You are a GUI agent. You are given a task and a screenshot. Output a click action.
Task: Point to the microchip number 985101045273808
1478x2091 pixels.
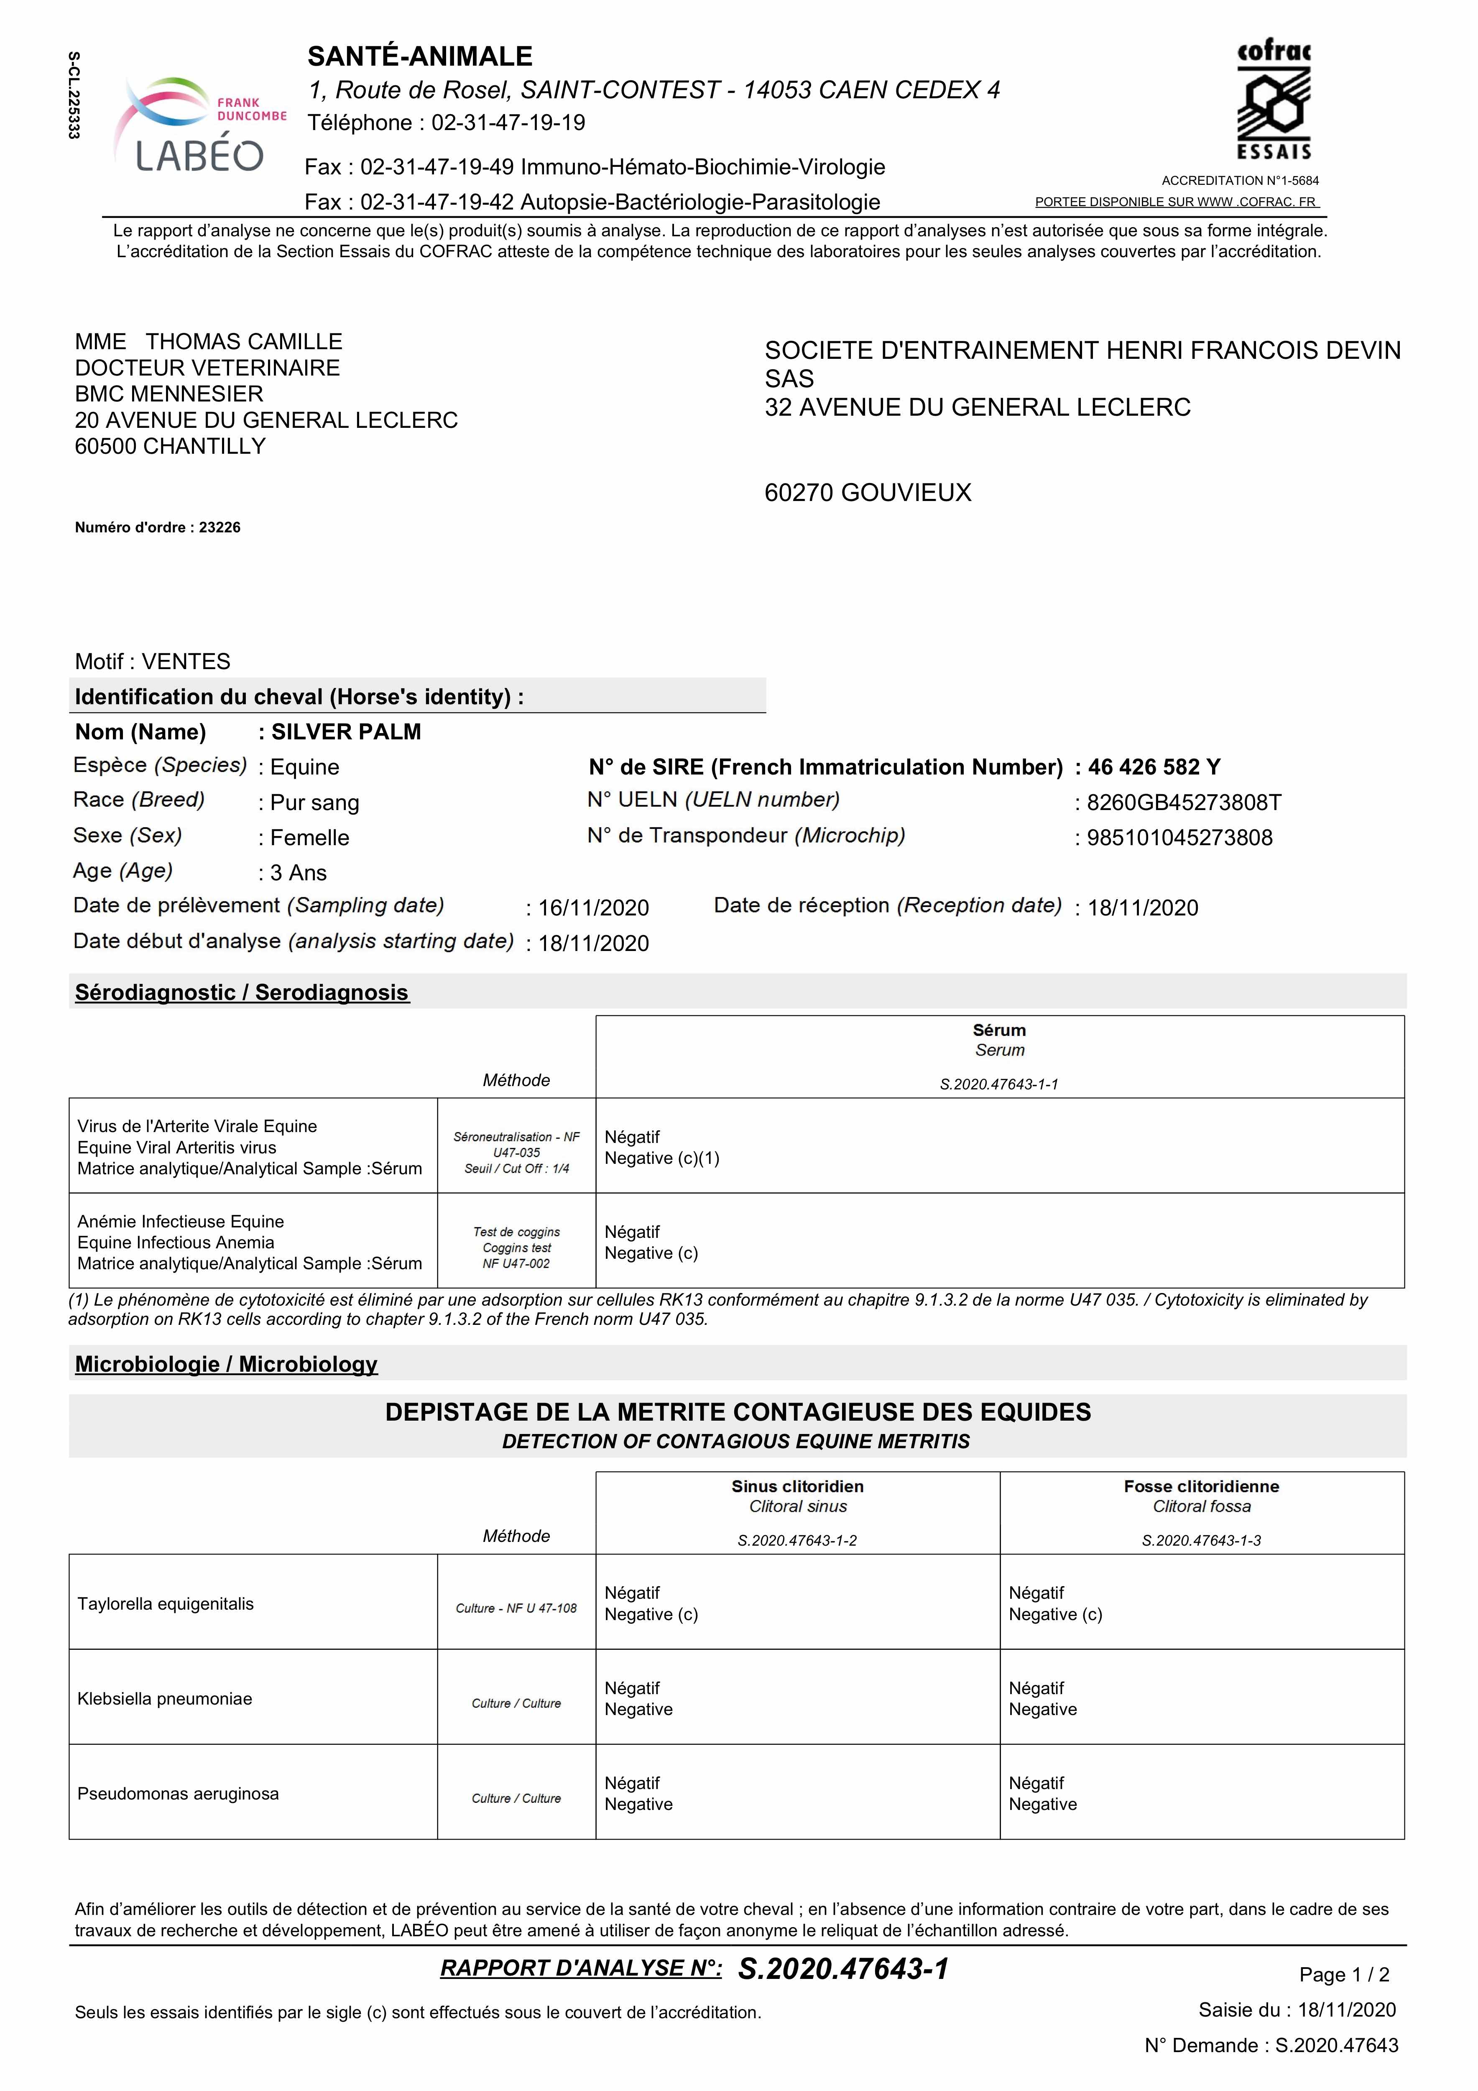pos(1179,838)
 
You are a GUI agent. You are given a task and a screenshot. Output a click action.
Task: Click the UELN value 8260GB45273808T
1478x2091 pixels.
pos(1184,803)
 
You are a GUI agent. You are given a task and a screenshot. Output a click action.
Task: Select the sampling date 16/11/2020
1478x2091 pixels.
pos(593,908)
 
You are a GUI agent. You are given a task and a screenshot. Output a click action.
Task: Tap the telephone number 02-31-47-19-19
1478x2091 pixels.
pos(508,123)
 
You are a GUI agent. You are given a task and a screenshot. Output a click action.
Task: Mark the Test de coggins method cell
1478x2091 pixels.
pos(516,1247)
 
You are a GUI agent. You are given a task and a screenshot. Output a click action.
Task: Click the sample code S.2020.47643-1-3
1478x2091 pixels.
pos(1201,1541)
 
